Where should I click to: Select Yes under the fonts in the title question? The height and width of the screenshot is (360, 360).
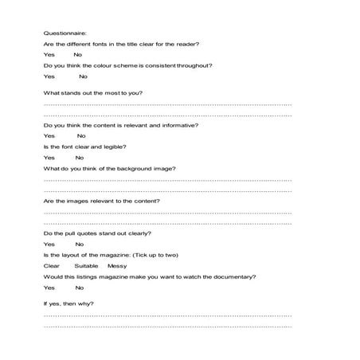(x=49, y=55)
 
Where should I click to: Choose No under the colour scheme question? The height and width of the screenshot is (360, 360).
(x=83, y=76)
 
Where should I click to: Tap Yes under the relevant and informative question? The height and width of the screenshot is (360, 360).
(x=49, y=136)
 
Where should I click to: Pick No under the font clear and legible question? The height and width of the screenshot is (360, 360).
(x=79, y=158)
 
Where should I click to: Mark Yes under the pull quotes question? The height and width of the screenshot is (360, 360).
(x=49, y=245)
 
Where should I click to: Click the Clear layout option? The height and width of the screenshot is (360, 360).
(x=52, y=266)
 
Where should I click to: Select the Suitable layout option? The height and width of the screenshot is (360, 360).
(x=86, y=266)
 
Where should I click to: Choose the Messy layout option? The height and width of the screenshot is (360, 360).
(x=117, y=266)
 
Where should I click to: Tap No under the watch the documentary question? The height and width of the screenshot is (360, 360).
(x=79, y=288)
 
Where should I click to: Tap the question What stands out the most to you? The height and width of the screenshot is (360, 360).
(x=92, y=94)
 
